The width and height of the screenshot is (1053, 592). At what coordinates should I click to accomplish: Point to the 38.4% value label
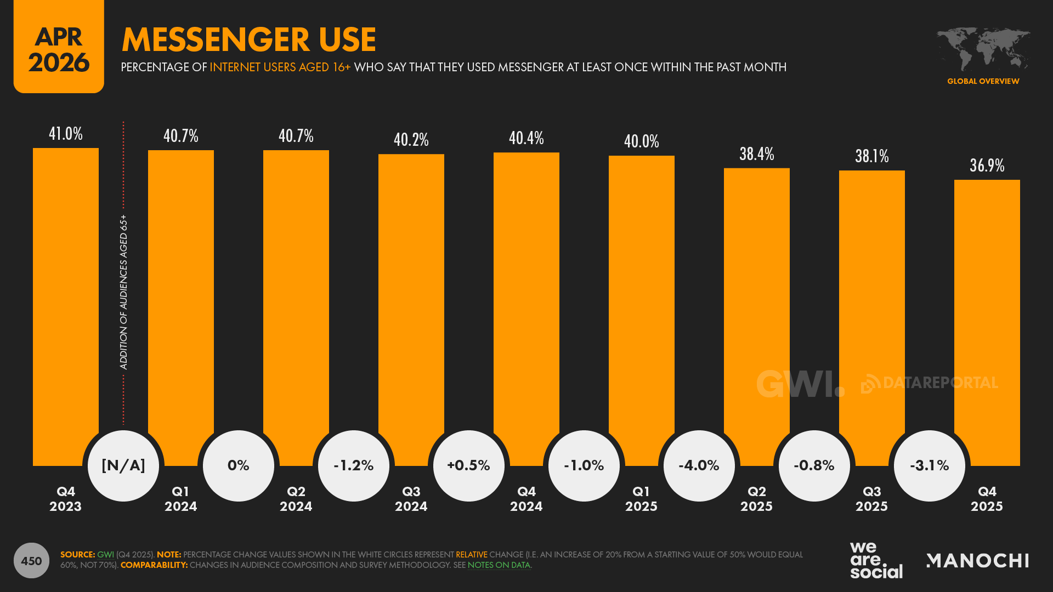[x=757, y=154]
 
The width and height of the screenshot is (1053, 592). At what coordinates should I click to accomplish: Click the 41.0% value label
[x=66, y=134]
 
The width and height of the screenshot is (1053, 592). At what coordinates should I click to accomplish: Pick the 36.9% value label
[x=987, y=166]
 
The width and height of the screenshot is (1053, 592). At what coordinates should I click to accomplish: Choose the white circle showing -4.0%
[x=699, y=466]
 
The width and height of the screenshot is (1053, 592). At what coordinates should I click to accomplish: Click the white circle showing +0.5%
[x=469, y=466]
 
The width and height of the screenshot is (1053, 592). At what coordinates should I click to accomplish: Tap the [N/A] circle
[x=123, y=466]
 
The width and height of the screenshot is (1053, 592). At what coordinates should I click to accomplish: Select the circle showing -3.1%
[x=930, y=466]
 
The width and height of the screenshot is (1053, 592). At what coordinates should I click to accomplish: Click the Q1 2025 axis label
[x=642, y=499]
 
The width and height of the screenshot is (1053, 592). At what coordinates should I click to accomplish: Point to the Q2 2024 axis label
[x=296, y=499]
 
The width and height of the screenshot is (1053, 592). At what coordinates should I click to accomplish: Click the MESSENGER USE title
[x=249, y=39]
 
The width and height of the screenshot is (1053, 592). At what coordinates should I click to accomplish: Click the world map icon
[x=983, y=49]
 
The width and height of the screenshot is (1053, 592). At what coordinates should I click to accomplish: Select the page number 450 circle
[x=31, y=561]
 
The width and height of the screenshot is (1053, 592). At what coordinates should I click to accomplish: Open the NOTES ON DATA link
[x=499, y=565]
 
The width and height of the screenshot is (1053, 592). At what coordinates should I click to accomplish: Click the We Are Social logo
[x=876, y=560]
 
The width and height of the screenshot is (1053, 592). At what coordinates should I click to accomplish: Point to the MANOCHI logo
[x=977, y=561]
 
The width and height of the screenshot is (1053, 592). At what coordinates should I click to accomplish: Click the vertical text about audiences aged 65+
[x=124, y=292]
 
